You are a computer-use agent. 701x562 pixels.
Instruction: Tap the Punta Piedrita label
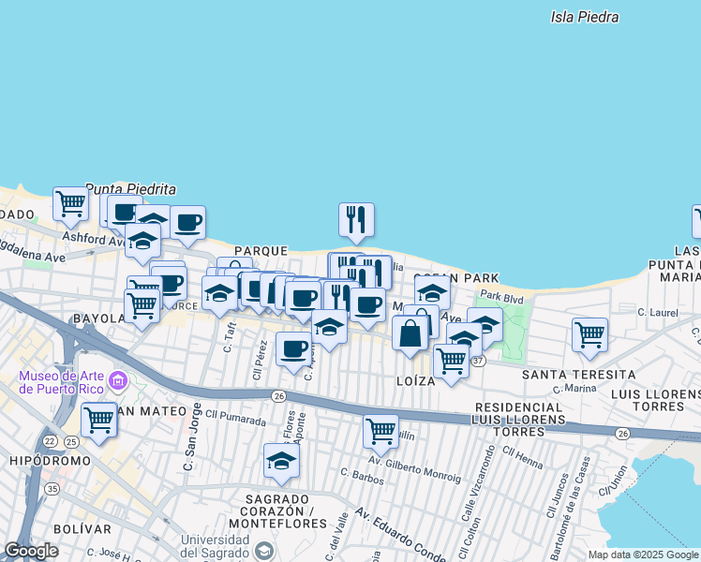coord(130,188)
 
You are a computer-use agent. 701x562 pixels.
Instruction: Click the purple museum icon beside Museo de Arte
coord(118,380)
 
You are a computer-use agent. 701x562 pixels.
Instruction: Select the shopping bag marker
coord(410,333)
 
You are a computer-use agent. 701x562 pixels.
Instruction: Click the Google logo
coord(31,551)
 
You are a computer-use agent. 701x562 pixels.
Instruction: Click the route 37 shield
coord(478,361)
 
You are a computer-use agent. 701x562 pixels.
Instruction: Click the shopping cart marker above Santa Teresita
coord(589,334)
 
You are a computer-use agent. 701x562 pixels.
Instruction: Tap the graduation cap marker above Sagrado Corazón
coord(280,460)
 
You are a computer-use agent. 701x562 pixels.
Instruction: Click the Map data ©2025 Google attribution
coord(642,555)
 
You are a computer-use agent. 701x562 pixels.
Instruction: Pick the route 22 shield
coord(49,440)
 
